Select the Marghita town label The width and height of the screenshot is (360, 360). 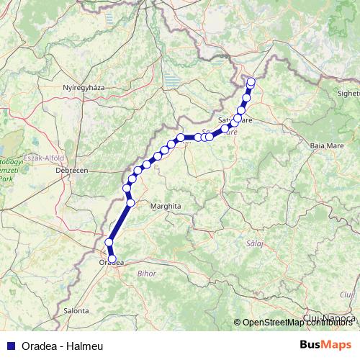[165, 206]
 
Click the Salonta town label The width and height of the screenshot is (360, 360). [76, 310]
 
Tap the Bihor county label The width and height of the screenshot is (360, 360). [146, 274]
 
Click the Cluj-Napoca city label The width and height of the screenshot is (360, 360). [330, 317]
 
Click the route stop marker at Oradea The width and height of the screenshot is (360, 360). [112, 258]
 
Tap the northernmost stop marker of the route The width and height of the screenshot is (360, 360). [251, 81]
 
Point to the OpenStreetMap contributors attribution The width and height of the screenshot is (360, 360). [297, 323]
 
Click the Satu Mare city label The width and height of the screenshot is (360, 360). [235, 120]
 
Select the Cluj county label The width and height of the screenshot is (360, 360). [348, 294]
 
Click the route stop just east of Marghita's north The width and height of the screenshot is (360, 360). [130, 202]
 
